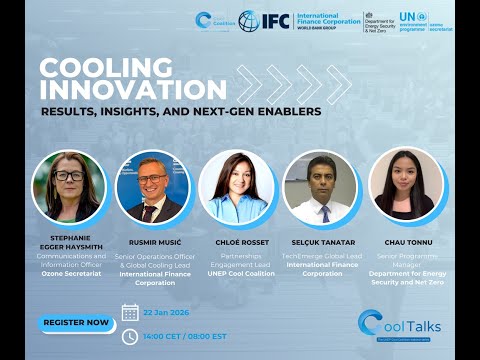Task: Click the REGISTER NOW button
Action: [x=76, y=323]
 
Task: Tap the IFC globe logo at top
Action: [x=249, y=20]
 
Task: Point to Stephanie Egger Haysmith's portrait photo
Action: [x=68, y=187]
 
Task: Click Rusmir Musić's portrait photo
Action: [x=153, y=187]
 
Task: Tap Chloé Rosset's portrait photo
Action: [x=237, y=187]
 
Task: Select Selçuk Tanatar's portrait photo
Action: [x=320, y=187]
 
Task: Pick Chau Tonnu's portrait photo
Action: [x=405, y=186]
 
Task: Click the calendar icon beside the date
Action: [x=130, y=313]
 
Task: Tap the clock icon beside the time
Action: [x=130, y=336]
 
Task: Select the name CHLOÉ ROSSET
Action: [x=237, y=241]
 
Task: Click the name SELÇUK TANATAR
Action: [x=322, y=241]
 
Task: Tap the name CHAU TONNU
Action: [x=405, y=241]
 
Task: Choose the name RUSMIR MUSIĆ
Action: [x=153, y=241]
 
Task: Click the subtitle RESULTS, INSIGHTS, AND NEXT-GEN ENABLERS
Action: [x=180, y=111]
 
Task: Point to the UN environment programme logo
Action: [x=412, y=20]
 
